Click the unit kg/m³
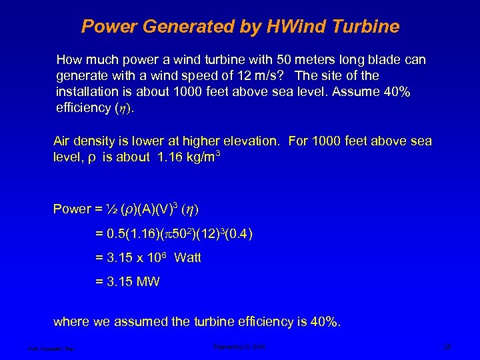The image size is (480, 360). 199,158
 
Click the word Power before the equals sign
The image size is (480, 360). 71,209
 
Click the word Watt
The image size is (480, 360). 187,258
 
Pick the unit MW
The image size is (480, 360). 147,282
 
